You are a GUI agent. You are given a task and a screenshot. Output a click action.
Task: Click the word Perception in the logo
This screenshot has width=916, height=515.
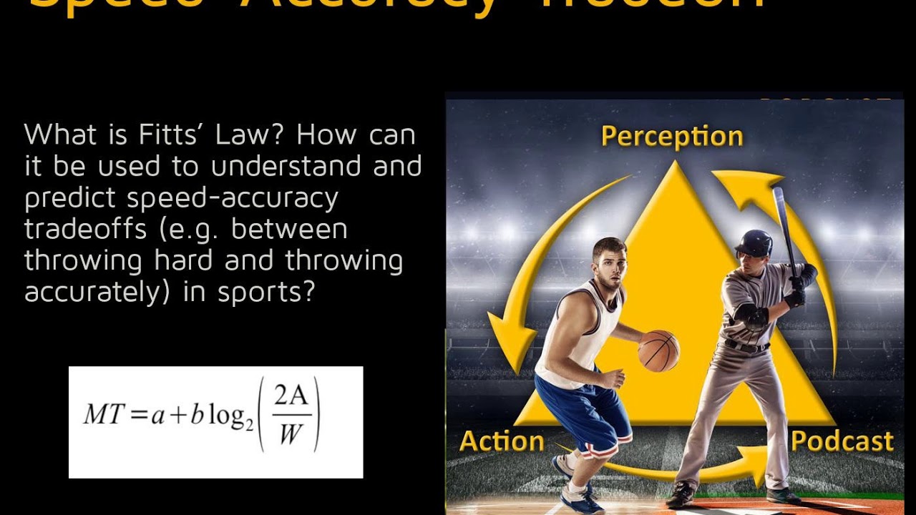[x=672, y=137]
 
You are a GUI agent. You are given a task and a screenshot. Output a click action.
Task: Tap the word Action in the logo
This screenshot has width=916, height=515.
[x=502, y=441]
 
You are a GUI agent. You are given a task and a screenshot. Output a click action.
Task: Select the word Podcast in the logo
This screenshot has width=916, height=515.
[x=842, y=441]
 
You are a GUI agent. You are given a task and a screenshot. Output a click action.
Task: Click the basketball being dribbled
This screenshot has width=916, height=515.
[x=658, y=350]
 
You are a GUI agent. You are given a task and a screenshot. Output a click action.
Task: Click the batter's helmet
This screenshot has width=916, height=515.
[x=755, y=243]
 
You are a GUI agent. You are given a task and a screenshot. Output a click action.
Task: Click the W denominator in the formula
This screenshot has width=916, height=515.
[x=291, y=434]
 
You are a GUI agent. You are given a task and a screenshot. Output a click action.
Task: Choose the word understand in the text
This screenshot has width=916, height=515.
[x=289, y=166]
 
